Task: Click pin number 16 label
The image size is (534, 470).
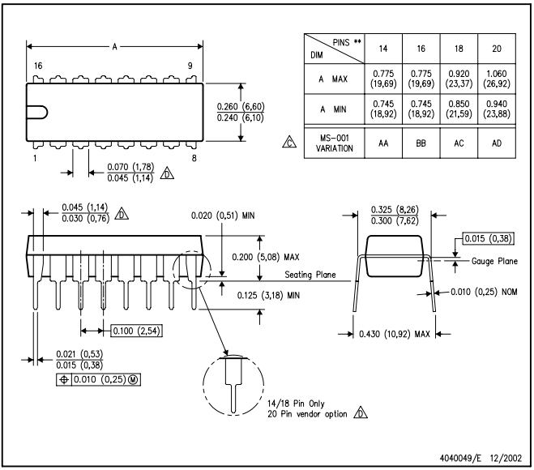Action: coord(37,65)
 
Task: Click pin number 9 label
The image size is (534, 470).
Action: coord(190,65)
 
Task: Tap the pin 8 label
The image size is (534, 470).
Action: coord(193,158)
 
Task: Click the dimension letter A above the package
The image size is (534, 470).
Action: coord(114,47)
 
